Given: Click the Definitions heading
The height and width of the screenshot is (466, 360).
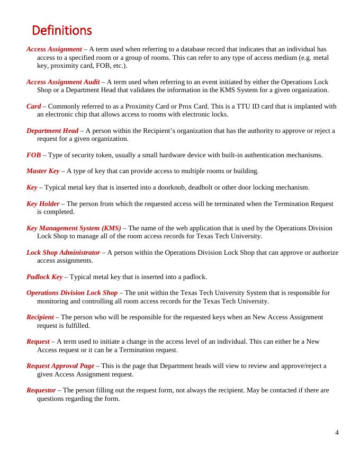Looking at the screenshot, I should [x=62, y=30].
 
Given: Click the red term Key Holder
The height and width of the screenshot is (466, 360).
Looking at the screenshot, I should [x=43, y=203].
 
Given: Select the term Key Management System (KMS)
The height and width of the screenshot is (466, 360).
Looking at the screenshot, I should [x=74, y=228].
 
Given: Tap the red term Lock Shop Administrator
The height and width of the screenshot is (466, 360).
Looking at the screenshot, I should [x=63, y=253].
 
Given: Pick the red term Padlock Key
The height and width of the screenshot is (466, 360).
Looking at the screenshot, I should [x=44, y=277].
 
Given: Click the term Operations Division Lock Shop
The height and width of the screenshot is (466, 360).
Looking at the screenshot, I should [x=72, y=293].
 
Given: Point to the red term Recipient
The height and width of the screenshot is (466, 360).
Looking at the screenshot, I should [x=40, y=317].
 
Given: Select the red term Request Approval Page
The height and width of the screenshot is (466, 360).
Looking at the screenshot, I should [x=60, y=366].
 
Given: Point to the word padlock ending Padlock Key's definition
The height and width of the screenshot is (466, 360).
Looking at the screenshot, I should [x=194, y=277].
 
